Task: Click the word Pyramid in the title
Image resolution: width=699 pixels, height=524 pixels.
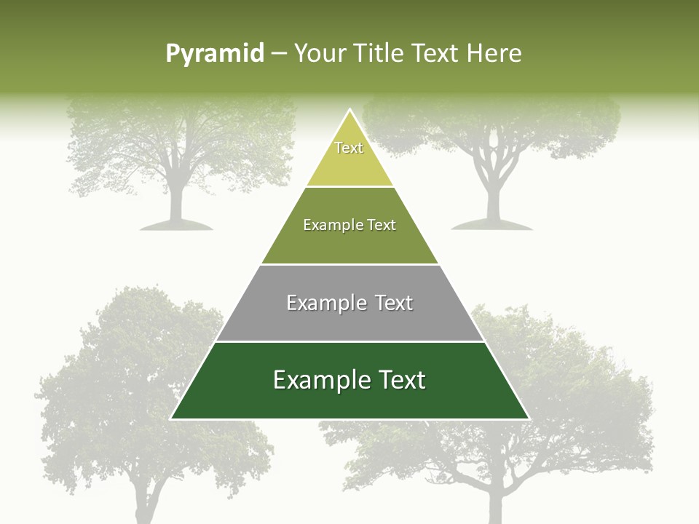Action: (x=215, y=54)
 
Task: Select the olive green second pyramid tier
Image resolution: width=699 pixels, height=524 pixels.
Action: (x=349, y=244)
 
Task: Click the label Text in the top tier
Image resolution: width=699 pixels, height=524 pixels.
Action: (x=349, y=148)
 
